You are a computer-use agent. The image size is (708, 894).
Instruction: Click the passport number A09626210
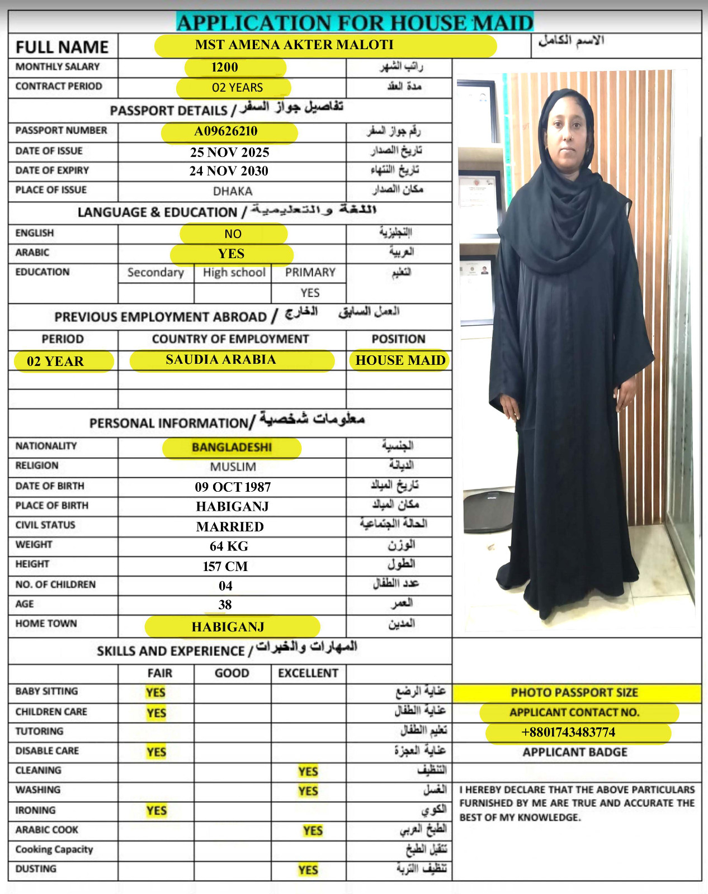click(x=226, y=131)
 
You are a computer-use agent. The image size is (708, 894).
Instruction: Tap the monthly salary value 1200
click(x=225, y=68)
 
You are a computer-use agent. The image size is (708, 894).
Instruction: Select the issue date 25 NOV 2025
click(x=229, y=152)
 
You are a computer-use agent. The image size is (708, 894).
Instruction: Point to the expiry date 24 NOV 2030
click(x=229, y=171)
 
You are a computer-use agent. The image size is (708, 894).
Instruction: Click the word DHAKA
click(x=233, y=191)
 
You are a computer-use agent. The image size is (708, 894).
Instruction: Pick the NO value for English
click(x=233, y=234)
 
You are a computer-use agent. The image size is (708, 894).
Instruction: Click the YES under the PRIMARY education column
click(x=310, y=293)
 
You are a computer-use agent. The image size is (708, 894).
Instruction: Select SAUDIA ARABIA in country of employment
click(x=221, y=359)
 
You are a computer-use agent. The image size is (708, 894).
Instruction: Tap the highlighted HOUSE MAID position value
click(x=400, y=360)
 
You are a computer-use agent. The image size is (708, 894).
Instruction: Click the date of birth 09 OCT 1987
click(x=233, y=487)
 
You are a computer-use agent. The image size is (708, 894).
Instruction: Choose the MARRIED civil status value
click(x=230, y=526)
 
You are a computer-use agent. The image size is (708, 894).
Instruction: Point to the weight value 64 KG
click(x=229, y=546)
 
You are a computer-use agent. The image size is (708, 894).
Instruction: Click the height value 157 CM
click(x=225, y=566)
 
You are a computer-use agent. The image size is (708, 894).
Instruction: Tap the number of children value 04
click(x=225, y=586)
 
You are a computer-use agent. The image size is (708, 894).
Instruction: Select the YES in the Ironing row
click(x=157, y=811)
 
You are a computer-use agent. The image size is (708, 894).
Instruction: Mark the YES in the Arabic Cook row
click(x=313, y=831)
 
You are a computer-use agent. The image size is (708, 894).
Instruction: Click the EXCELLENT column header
click(x=308, y=673)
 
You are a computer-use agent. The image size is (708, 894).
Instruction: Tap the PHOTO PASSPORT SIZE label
click(x=574, y=693)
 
